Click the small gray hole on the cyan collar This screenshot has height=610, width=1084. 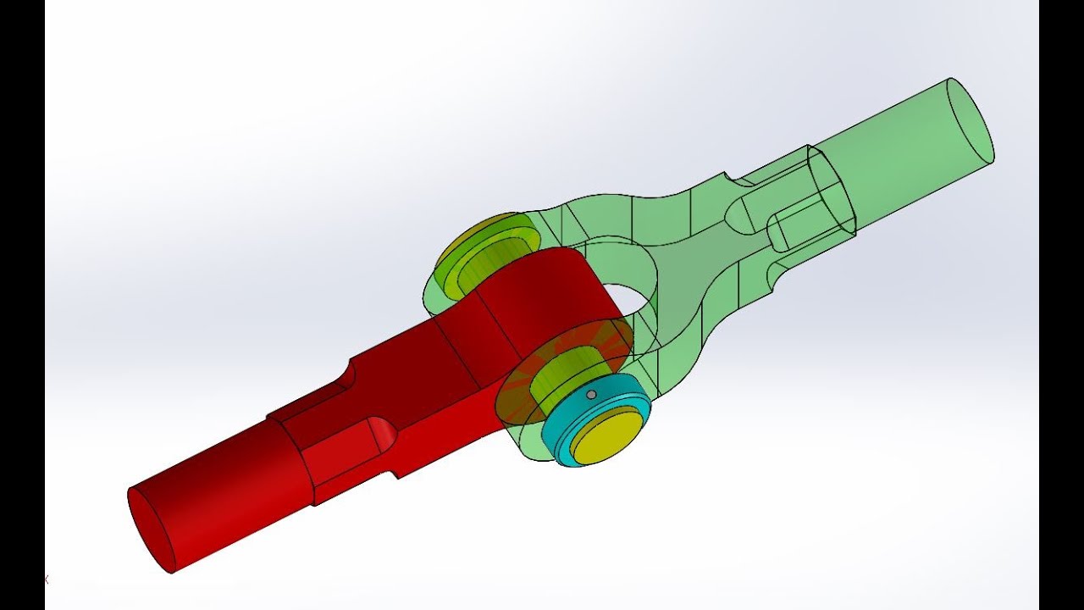(x=591, y=394)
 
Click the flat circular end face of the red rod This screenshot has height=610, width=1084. (x=151, y=530)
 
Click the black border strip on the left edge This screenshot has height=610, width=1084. (x=22, y=305)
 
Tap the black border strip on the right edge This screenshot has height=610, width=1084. (x=1061, y=305)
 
